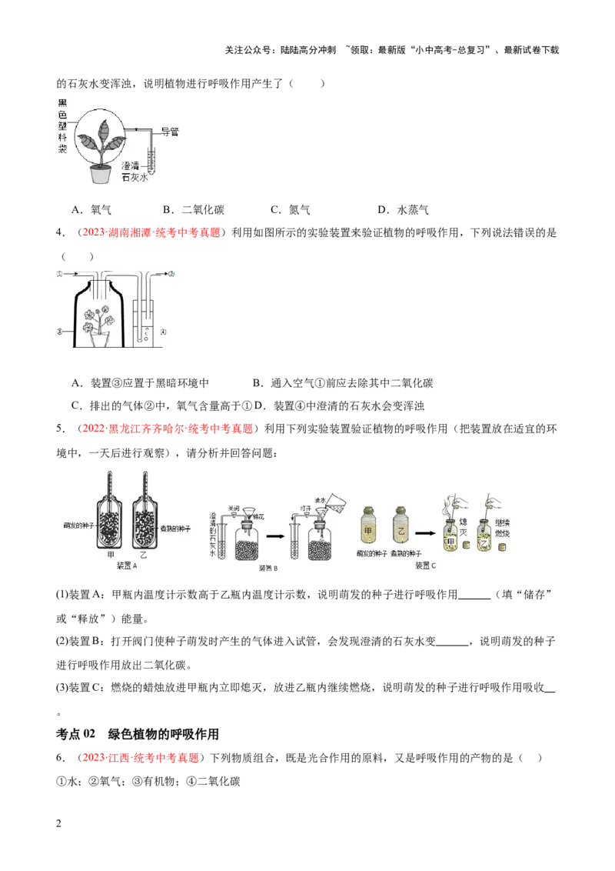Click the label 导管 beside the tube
[x=169, y=132]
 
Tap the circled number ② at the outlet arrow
[x=171, y=273]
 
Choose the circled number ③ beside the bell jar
[x=58, y=332]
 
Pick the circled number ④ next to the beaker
[x=163, y=332]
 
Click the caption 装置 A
[x=125, y=566]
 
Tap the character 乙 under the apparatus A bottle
[x=145, y=555]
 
